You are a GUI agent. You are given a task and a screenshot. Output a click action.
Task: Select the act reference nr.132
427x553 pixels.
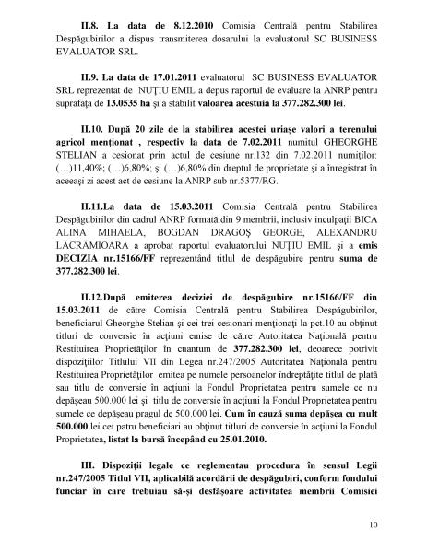[x=240, y=197]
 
